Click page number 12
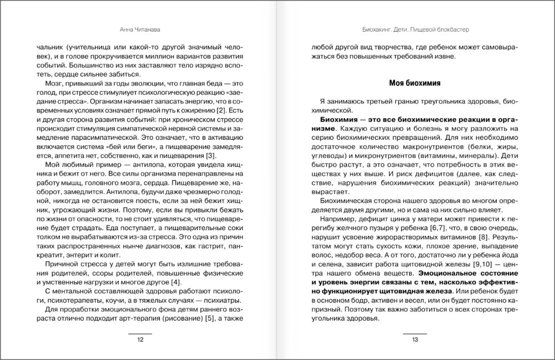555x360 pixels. [140, 340]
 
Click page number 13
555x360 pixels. [415, 340]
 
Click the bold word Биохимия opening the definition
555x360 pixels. [340, 120]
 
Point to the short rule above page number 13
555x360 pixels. [415, 333]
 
